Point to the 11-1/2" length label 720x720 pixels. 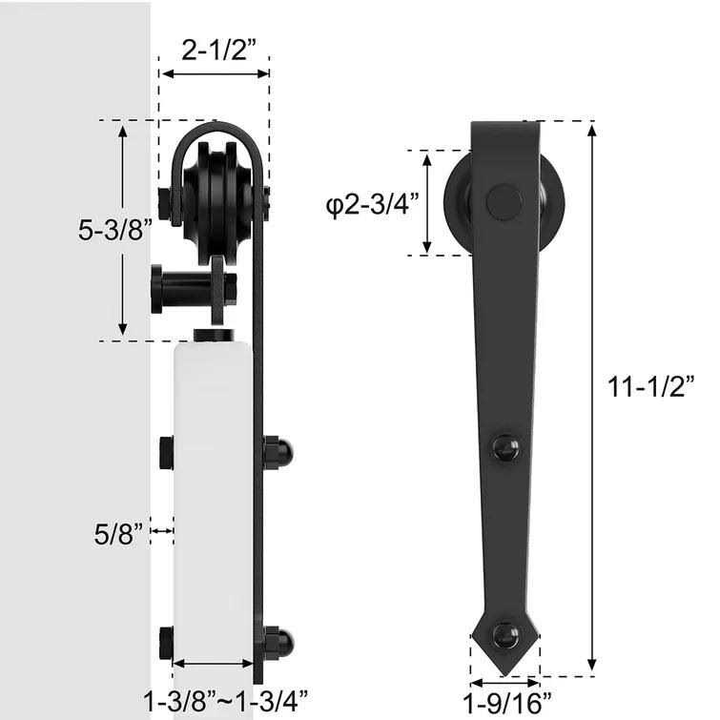[x=652, y=386]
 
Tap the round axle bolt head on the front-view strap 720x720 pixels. [x=504, y=202]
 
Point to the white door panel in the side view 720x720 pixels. [x=215, y=496]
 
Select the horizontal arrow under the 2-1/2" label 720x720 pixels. [x=215, y=73]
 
